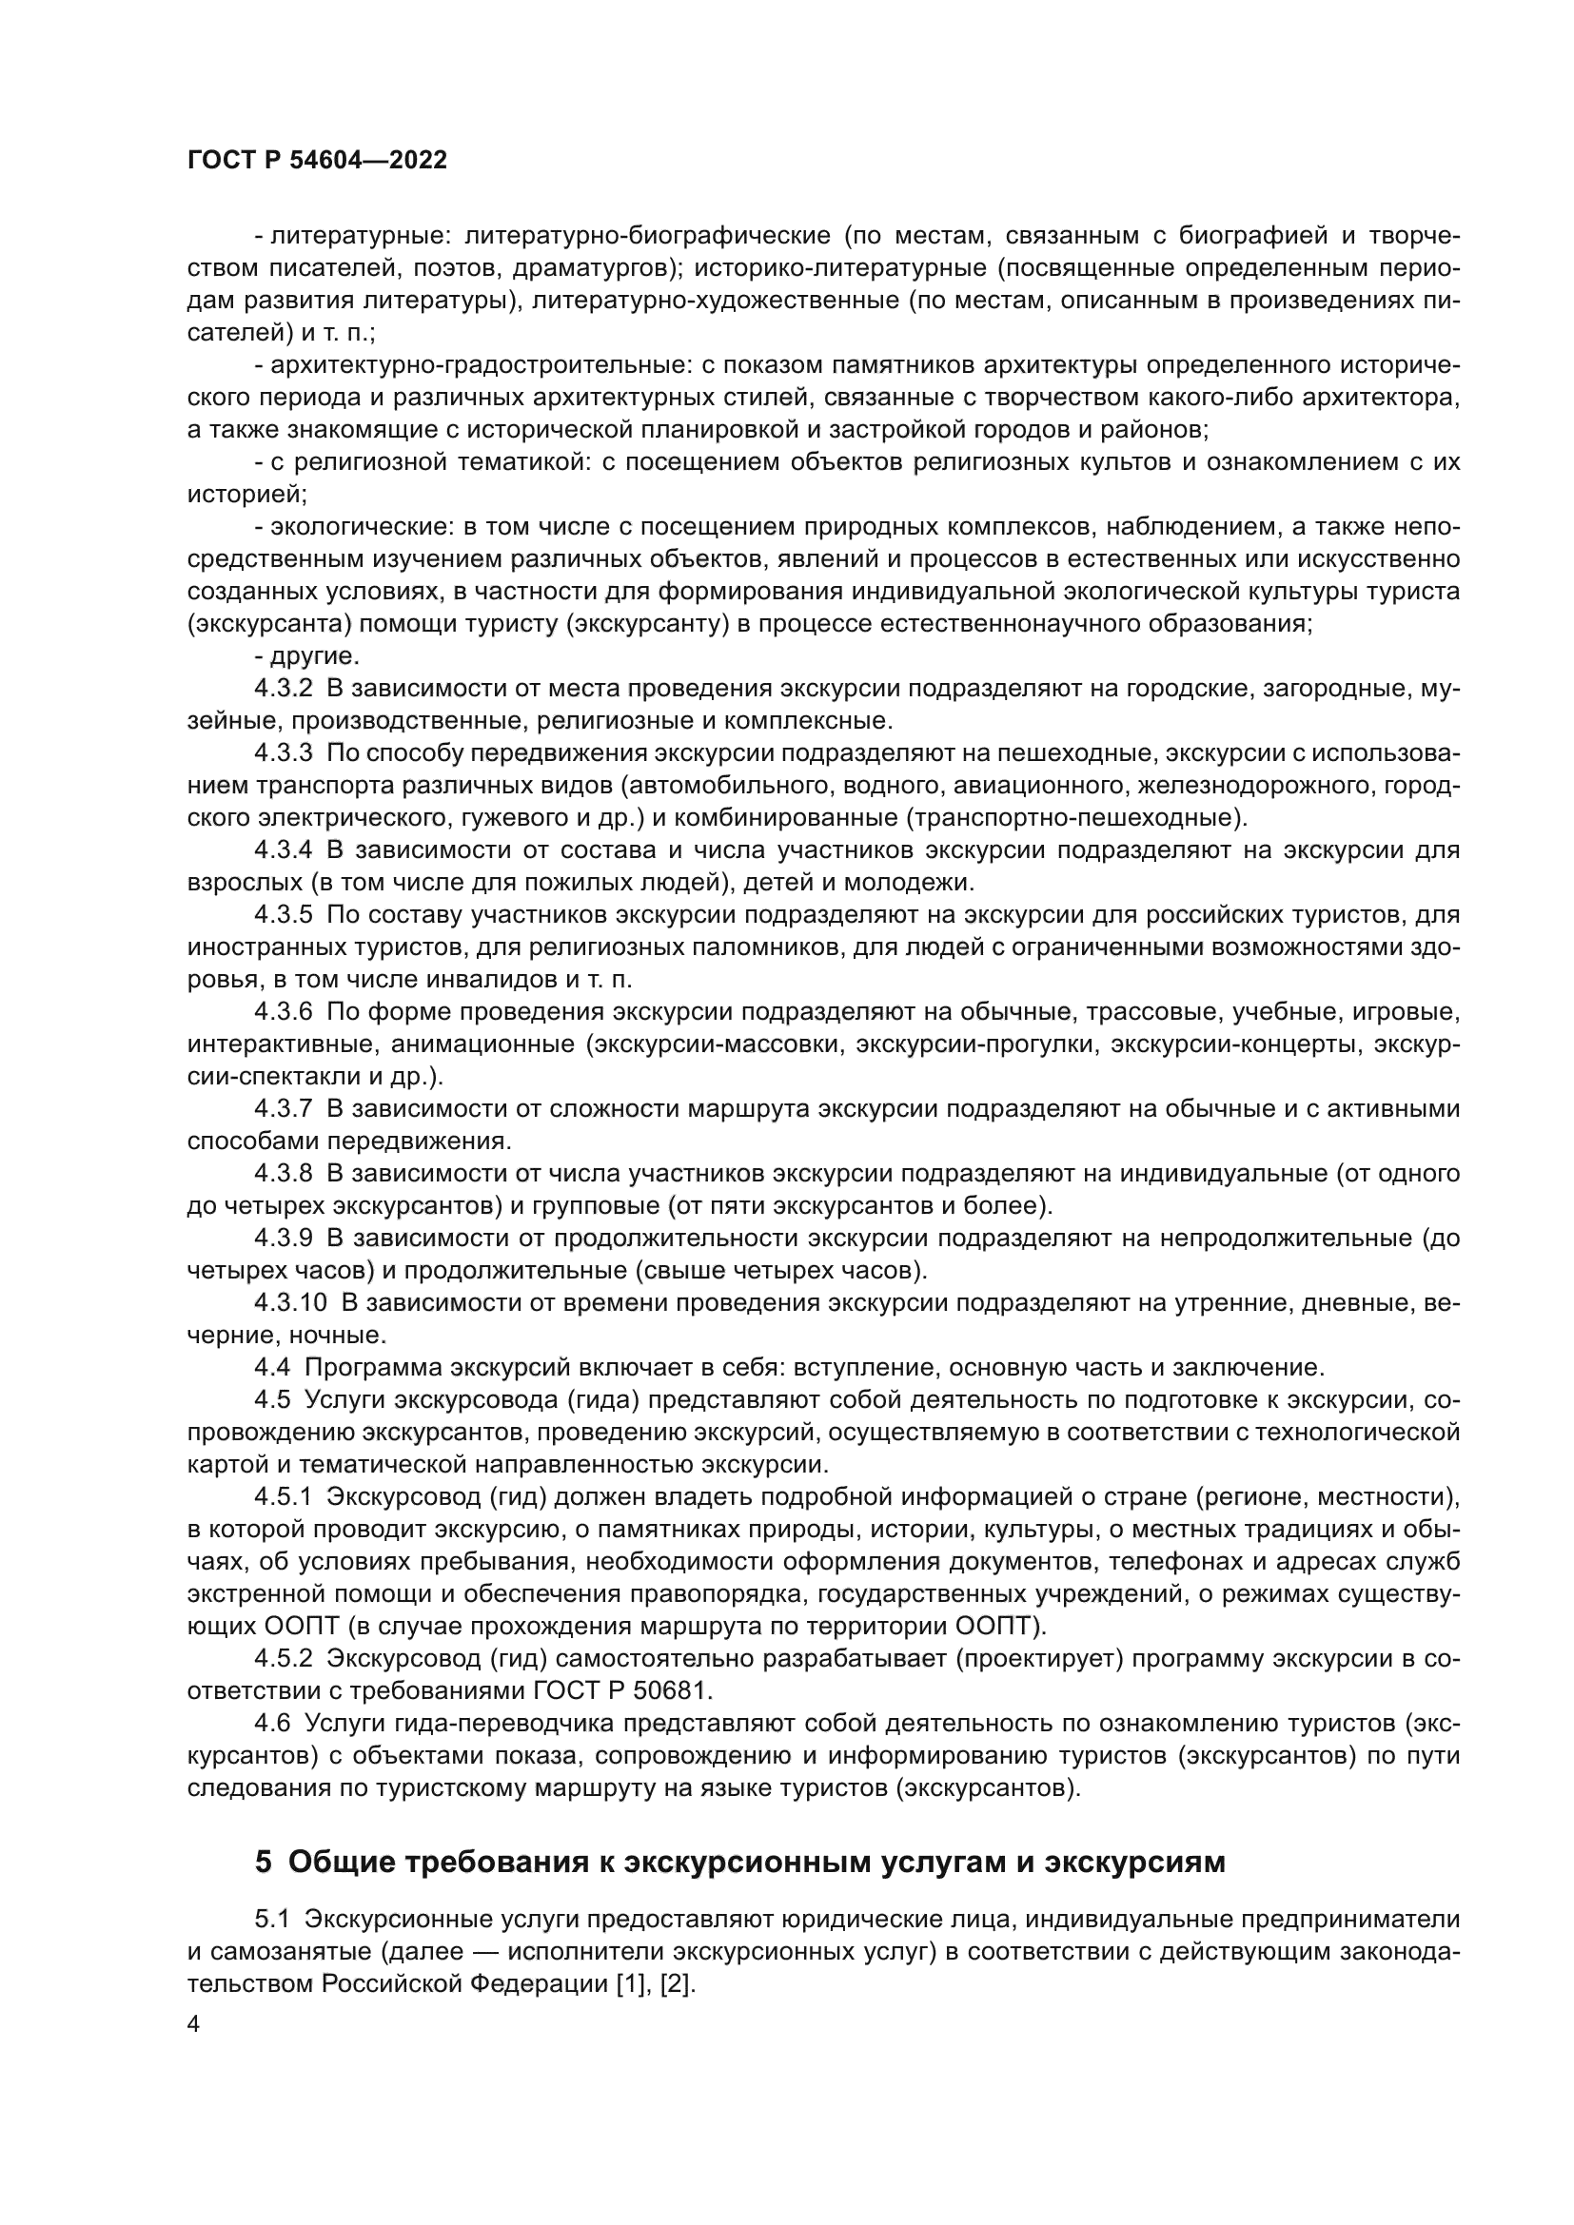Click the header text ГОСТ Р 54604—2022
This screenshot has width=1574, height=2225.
317,161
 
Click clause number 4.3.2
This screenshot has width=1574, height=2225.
283,689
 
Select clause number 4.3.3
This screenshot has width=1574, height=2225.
283,754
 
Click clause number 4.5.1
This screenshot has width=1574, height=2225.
283,1497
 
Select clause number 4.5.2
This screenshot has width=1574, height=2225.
283,1659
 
